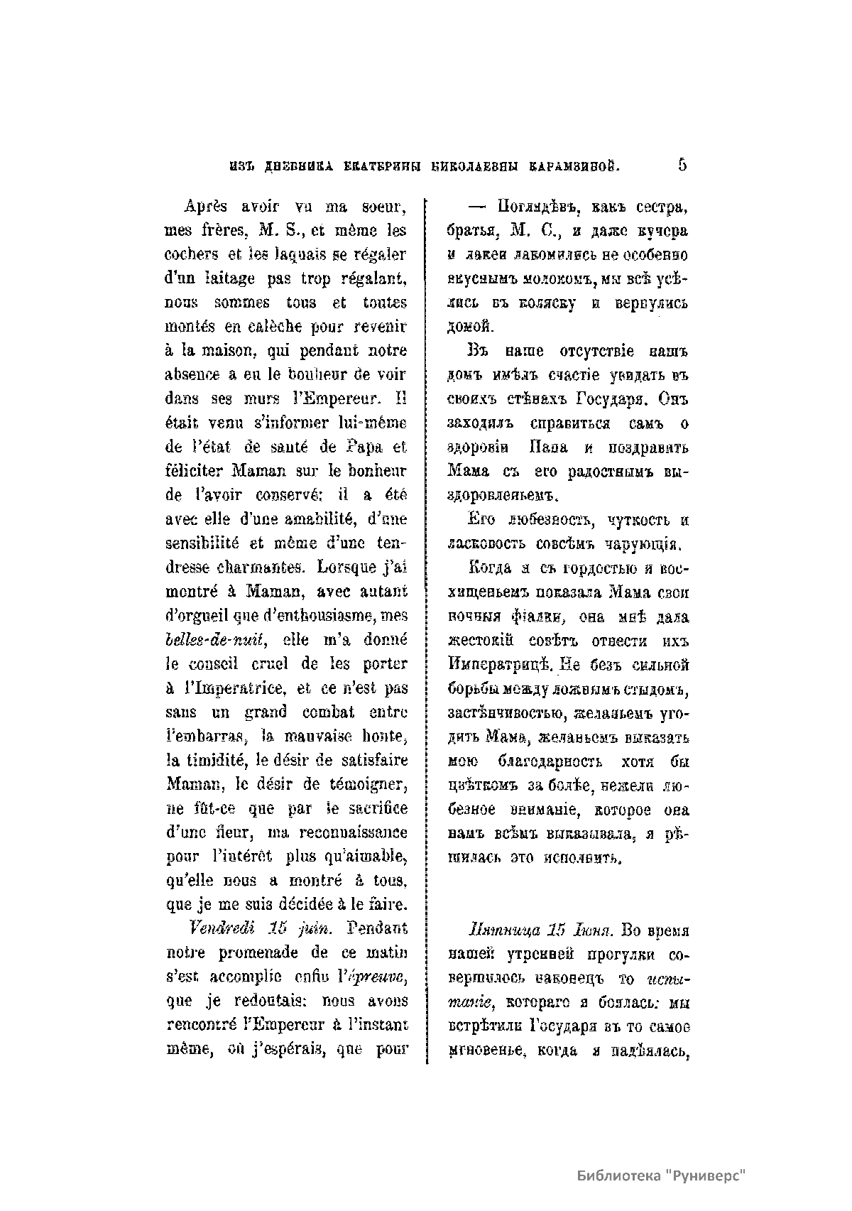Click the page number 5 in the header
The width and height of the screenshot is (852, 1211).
point(682,165)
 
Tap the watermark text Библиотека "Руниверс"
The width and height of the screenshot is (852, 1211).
point(665,1175)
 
